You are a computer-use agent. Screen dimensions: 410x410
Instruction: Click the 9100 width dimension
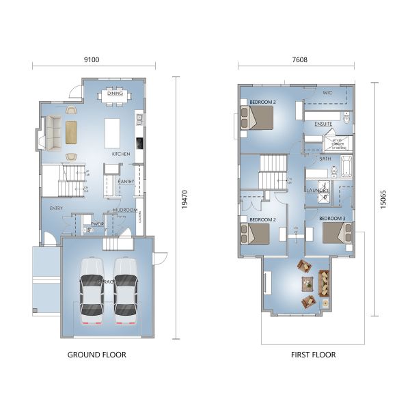[91, 60]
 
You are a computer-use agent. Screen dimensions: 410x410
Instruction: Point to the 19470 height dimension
[184, 207]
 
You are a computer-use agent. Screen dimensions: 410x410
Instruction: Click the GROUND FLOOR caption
[96, 355]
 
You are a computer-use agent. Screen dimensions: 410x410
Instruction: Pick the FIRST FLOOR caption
[312, 355]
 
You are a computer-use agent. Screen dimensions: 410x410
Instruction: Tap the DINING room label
[115, 85]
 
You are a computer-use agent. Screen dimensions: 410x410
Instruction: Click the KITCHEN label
[121, 154]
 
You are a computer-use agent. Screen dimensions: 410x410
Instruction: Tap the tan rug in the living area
[72, 132]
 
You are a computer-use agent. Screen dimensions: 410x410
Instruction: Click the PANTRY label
[126, 182]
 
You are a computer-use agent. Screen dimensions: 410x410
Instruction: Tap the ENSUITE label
[323, 124]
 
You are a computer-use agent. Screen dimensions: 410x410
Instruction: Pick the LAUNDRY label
[318, 190]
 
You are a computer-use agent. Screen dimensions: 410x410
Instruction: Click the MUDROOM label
[126, 210]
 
